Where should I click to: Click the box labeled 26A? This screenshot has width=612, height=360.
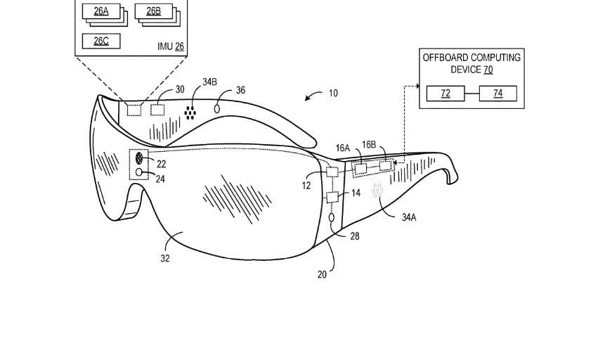100,11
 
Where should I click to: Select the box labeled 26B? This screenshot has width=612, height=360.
152,11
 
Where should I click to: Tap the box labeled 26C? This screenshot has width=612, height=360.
100,41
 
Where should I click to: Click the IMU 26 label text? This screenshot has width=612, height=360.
169,46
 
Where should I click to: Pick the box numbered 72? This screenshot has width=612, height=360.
445,94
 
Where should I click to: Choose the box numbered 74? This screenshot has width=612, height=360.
497,94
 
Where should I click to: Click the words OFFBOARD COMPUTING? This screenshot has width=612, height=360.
471,58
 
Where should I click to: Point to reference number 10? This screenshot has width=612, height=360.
333,93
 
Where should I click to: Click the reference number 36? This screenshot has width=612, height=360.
240,90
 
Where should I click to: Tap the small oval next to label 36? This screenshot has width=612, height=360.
217,108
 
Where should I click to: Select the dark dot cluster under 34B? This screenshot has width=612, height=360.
190,111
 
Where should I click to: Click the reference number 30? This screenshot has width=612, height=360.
179,90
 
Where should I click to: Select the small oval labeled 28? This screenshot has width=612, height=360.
332,219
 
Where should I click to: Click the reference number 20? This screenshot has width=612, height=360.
322,274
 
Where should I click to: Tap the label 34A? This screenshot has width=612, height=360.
409,217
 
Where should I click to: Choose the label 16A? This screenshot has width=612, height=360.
343,148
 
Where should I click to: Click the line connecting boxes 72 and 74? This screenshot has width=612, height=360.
471,94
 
